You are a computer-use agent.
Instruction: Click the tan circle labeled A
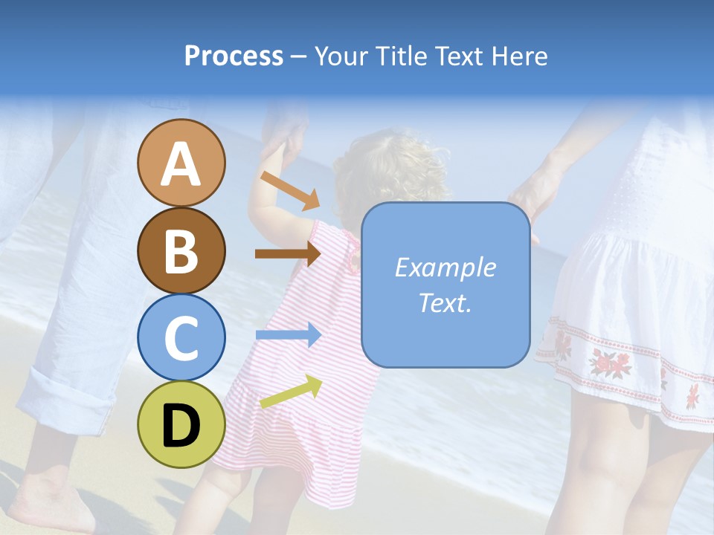181,163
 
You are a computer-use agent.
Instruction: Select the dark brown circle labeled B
181,250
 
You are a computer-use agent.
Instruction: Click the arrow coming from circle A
290,190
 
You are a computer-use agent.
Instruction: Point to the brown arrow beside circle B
288,253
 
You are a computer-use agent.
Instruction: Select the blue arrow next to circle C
288,335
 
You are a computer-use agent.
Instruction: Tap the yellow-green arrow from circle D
291,392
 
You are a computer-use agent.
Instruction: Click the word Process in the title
234,56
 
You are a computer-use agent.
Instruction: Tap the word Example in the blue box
445,267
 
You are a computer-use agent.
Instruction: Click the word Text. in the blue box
445,302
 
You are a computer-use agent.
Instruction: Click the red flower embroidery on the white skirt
610,362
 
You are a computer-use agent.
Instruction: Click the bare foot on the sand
52,498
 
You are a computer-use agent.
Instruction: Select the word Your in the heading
341,56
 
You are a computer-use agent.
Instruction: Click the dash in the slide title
299,56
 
